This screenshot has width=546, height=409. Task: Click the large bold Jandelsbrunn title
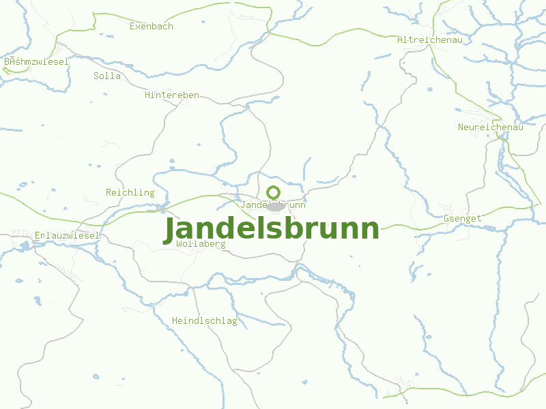(272, 229)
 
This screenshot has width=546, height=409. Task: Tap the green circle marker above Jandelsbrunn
(274, 192)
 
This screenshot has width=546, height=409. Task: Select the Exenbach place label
(152, 27)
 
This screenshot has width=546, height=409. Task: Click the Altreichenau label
(430, 40)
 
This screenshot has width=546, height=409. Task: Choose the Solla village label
(107, 76)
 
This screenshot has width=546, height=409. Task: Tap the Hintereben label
(172, 95)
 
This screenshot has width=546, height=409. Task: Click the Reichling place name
(130, 193)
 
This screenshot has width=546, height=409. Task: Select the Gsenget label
(463, 219)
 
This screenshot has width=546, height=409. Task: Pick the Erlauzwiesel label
(67, 236)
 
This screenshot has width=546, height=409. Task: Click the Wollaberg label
(201, 243)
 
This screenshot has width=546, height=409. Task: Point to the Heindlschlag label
(205, 321)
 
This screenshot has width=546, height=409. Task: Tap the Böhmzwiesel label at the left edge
(36, 61)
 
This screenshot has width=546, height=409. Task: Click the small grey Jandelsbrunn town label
(273, 204)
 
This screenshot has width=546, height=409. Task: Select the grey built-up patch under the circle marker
(274, 207)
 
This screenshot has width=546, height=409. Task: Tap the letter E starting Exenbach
(132, 27)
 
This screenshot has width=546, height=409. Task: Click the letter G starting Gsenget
(446, 219)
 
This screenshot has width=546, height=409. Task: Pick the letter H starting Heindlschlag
(175, 321)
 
